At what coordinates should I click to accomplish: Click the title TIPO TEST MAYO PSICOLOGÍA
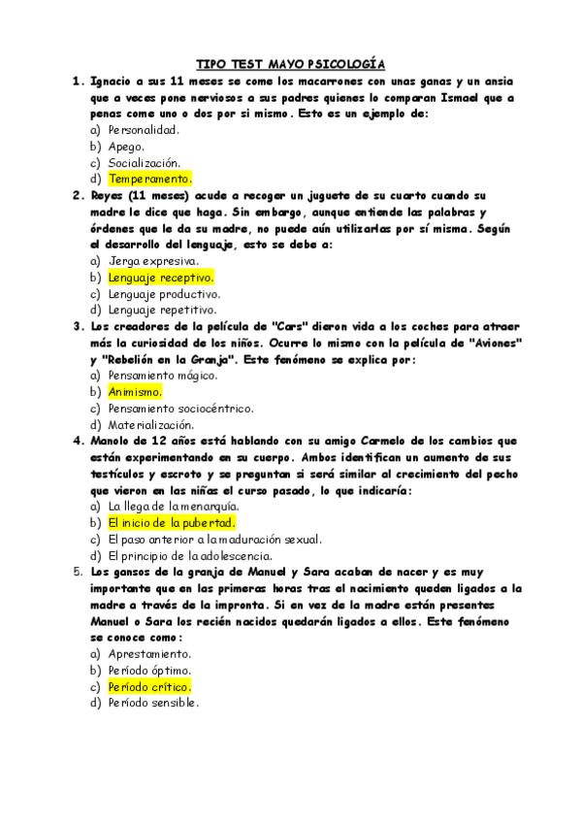point(290,64)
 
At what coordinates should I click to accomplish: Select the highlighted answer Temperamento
point(150,179)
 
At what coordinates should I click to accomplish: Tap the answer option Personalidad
point(144,129)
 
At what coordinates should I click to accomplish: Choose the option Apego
point(126,146)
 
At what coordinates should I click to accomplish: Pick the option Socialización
point(144,162)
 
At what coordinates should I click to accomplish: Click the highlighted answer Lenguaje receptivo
point(160,278)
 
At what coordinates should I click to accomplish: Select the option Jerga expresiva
point(153,261)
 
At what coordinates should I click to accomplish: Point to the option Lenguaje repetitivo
point(161,311)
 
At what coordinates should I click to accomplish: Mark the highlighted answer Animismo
point(135,392)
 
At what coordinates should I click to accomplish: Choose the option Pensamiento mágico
point(163,376)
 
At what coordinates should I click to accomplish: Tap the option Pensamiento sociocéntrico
point(180,409)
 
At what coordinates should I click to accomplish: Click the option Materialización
point(150,425)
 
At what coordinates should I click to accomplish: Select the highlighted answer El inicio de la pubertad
point(172,523)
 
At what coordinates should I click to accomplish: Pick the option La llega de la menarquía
point(173,507)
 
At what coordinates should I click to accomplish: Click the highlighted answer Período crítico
point(149,687)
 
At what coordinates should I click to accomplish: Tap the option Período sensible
point(153,704)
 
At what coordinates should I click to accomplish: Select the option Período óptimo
point(149,671)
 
